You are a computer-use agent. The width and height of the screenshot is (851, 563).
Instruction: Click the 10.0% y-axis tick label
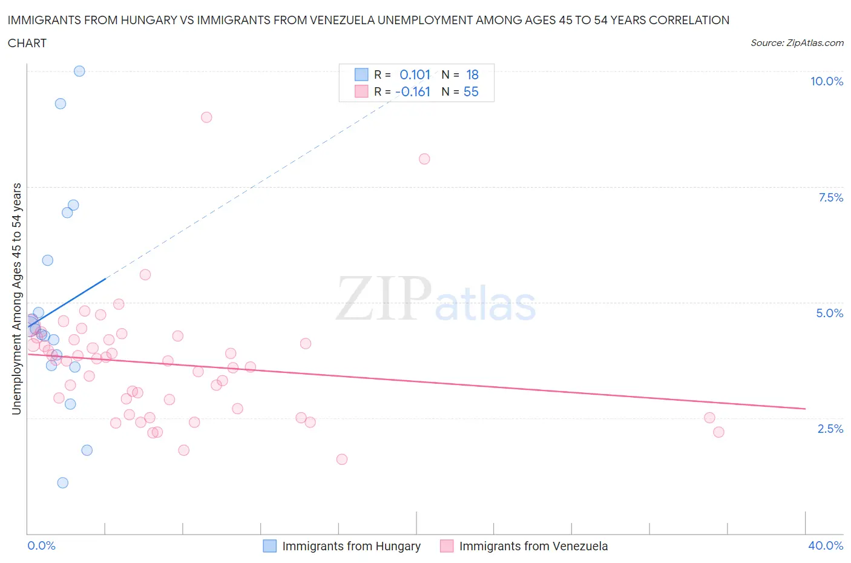[x=826, y=81]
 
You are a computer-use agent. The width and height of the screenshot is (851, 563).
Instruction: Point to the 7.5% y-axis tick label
[x=830, y=197]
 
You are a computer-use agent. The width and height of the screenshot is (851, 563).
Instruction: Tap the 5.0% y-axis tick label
[x=829, y=313]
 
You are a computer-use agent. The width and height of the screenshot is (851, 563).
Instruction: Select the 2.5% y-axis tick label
[x=830, y=429]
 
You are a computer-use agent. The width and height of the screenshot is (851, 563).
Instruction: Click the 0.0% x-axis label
[x=41, y=545]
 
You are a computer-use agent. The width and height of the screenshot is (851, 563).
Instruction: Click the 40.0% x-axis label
[x=826, y=545]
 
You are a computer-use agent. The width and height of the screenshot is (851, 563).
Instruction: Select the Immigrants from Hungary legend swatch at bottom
[x=269, y=546]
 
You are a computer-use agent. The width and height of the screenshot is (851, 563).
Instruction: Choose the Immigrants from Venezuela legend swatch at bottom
[x=447, y=546]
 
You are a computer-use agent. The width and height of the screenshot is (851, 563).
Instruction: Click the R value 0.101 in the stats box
[x=415, y=74]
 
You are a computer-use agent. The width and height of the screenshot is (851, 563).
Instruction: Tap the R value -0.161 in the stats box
[x=413, y=91]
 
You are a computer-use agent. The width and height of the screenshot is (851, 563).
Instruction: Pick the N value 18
[x=472, y=74]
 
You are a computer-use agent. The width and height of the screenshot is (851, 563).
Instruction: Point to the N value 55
[x=471, y=91]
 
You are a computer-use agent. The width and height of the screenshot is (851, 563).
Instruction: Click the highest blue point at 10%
[x=79, y=71]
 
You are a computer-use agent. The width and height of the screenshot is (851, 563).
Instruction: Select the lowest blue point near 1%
[x=62, y=482]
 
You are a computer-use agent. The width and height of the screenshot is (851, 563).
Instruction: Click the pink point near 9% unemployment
[x=206, y=117]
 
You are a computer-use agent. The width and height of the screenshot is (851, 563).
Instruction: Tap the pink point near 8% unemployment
[x=424, y=159]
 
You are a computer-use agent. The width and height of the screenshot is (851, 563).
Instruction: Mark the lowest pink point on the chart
[x=342, y=459]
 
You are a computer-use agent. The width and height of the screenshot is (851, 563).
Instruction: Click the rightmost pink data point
[x=718, y=432]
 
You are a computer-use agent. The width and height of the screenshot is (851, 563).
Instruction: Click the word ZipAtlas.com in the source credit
[x=815, y=42]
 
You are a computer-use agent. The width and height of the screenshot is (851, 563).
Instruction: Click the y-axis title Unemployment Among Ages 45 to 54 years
[x=16, y=298]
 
